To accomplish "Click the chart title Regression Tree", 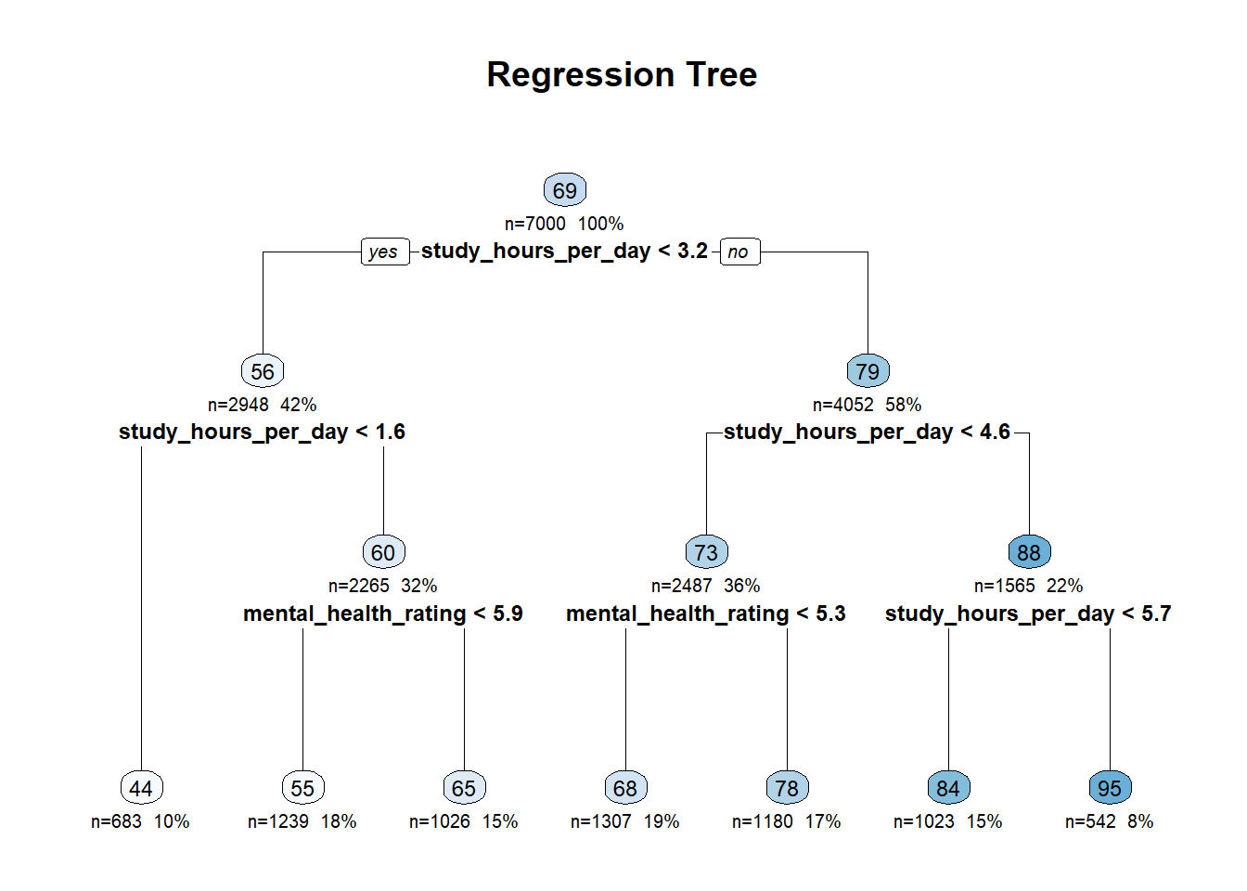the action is [622, 74].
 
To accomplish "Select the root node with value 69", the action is [565, 190].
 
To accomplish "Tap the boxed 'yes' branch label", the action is [385, 252].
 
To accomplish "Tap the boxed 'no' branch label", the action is [739, 252].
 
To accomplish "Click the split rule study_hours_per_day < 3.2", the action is [564, 252].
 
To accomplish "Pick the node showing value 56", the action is [263, 371].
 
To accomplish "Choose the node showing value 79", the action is [868, 371].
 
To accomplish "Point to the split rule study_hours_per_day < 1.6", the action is [263, 433].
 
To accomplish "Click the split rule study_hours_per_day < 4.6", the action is [867, 433].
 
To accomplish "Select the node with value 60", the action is [383, 552].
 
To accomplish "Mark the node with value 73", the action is [706, 552].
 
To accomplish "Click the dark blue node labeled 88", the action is [1029, 552].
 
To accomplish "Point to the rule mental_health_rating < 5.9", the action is [383, 613].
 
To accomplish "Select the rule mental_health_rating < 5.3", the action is [706, 613].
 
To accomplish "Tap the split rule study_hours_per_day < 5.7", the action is [1028, 613].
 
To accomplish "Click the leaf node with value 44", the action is [141, 787].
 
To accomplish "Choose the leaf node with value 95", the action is [1110, 787].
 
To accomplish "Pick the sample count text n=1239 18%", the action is [302, 821].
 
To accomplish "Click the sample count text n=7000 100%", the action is [564, 224].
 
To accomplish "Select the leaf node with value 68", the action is [625, 787].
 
